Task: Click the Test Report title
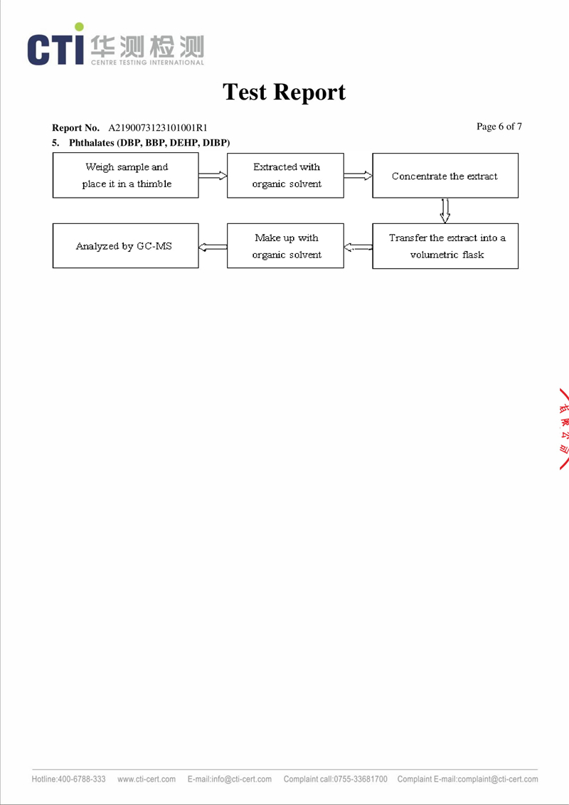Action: (x=284, y=92)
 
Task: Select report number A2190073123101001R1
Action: (x=158, y=128)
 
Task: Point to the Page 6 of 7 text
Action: (x=499, y=127)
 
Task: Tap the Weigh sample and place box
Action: (x=126, y=176)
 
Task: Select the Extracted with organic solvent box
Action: (x=285, y=176)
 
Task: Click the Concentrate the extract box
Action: (x=445, y=176)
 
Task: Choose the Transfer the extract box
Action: (x=445, y=246)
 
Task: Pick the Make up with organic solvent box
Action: (x=285, y=246)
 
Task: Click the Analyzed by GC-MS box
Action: (x=126, y=246)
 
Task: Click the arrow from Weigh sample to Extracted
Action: (x=213, y=176)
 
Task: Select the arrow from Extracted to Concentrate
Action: (x=358, y=176)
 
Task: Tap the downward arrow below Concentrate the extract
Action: (x=445, y=210)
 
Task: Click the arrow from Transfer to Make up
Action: (x=358, y=247)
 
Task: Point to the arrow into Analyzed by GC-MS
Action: (x=213, y=247)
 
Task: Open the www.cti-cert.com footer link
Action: (x=147, y=779)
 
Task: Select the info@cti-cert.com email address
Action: (x=241, y=779)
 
